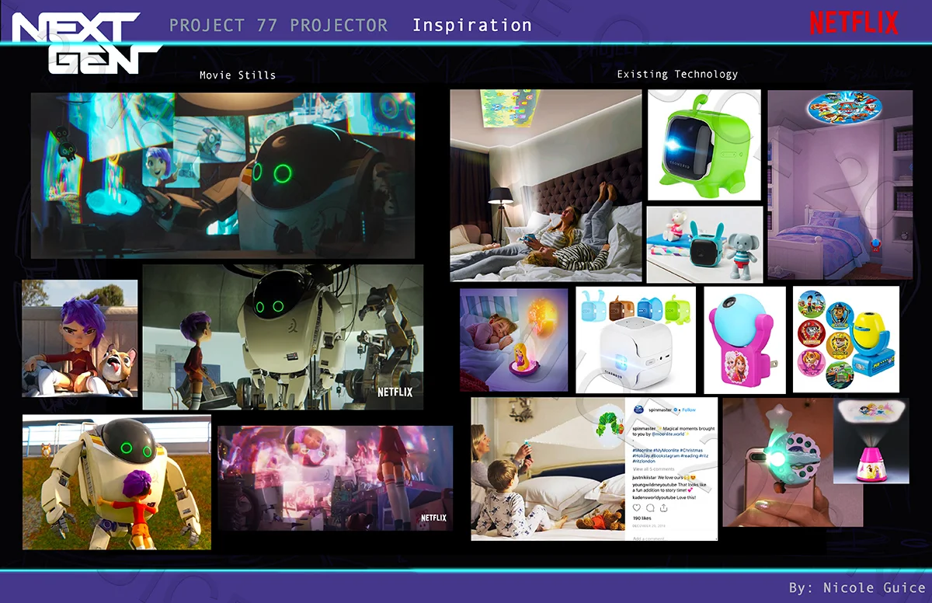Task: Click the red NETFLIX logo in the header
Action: [x=854, y=23]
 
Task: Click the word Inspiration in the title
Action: [x=471, y=25]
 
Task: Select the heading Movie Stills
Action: [x=237, y=75]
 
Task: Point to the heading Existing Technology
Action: [x=677, y=75]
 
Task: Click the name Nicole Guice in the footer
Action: [x=874, y=587]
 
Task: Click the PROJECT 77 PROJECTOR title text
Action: [x=278, y=25]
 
